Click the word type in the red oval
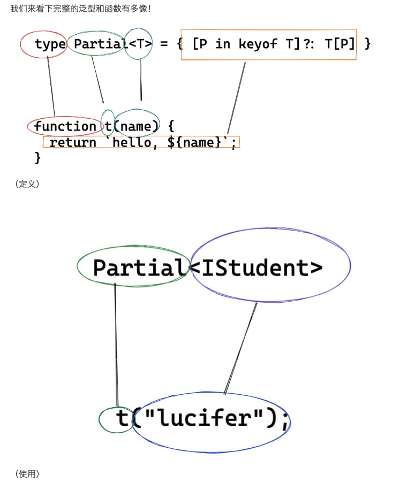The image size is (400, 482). click(x=50, y=44)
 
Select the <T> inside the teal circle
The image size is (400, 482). click(x=140, y=44)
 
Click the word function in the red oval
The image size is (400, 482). click(x=65, y=127)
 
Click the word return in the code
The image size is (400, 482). click(x=73, y=142)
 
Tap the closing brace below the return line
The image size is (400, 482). click(x=37, y=157)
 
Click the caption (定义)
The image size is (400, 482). click(x=27, y=184)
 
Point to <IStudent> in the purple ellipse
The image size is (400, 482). click(x=256, y=267)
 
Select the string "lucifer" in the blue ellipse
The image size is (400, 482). click(x=198, y=418)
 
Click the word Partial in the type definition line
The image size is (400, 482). click(x=99, y=44)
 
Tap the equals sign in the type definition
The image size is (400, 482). click(x=163, y=44)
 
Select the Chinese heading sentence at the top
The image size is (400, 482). click(x=81, y=9)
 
